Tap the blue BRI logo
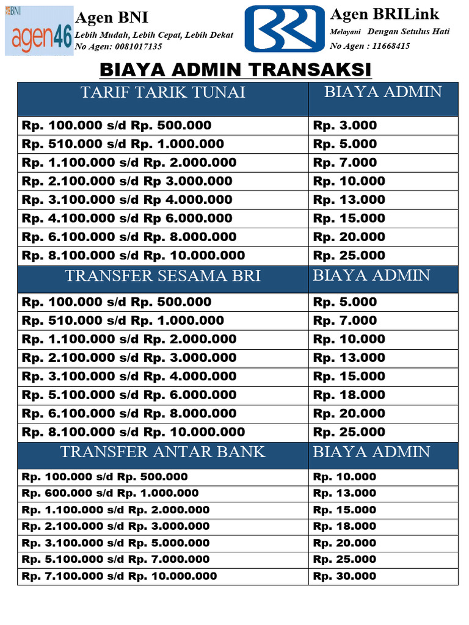(284, 29)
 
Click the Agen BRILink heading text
(384, 14)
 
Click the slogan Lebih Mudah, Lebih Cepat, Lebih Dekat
(154, 35)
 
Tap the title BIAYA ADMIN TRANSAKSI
(235, 70)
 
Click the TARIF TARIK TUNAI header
(163, 92)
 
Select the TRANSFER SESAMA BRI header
(163, 276)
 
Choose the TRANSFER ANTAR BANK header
(163, 452)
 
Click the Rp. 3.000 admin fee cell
(345, 126)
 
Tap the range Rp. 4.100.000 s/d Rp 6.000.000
(127, 219)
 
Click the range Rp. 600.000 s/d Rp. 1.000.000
(111, 493)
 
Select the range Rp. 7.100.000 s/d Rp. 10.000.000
(119, 576)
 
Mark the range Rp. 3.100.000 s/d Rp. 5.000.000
(116, 543)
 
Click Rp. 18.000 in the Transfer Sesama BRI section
(349, 395)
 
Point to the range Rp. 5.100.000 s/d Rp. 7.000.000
(116, 559)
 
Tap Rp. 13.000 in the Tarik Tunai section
(349, 200)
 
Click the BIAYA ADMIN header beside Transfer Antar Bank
(371, 452)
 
